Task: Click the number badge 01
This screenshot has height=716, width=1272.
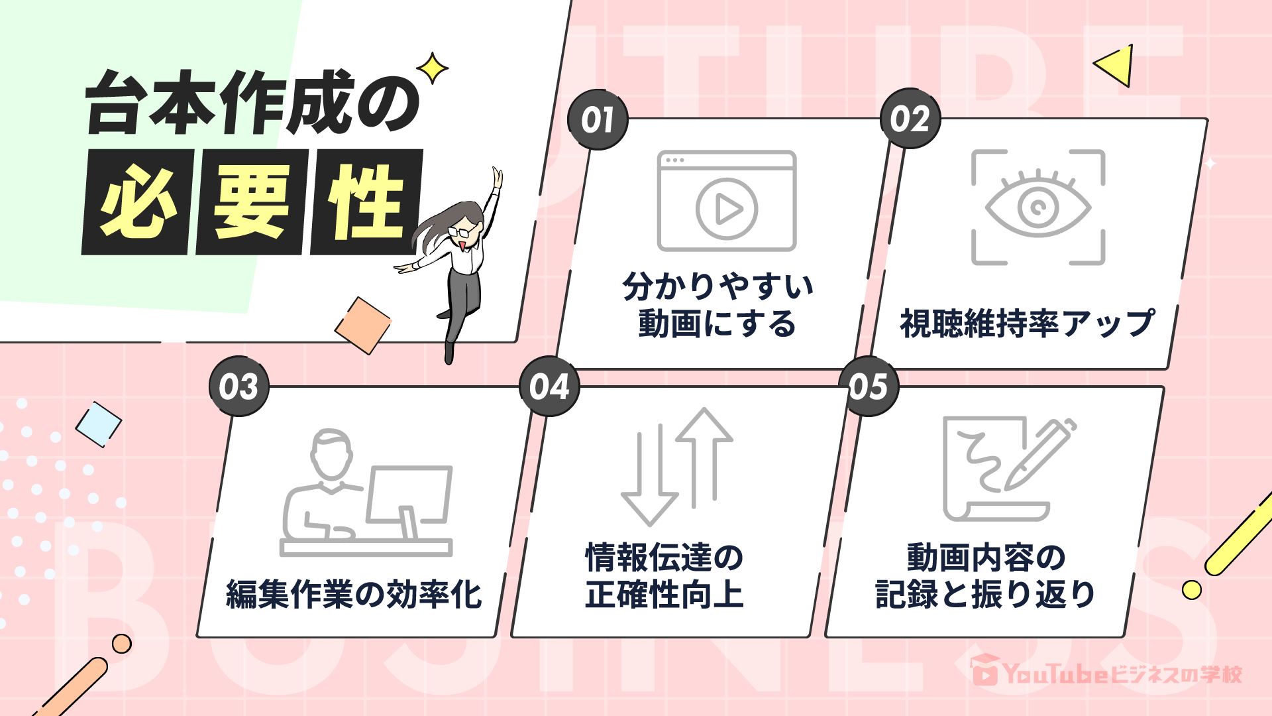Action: [598, 120]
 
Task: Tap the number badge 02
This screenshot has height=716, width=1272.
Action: [910, 119]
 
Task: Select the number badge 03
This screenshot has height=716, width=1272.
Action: [238, 387]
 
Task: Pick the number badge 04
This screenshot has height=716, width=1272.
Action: [549, 387]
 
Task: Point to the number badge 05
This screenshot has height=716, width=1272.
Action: [868, 387]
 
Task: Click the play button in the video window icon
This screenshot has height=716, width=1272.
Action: [727, 209]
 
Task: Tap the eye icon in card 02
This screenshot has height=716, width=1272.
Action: [1037, 206]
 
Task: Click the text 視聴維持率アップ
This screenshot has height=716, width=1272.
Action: [1026, 324]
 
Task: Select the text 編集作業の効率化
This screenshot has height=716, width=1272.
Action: [354, 593]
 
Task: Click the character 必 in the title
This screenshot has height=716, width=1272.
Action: [139, 202]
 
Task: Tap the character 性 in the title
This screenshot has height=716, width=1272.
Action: [366, 202]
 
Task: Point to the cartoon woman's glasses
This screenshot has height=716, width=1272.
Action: [461, 232]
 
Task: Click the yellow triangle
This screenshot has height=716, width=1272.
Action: [1116, 65]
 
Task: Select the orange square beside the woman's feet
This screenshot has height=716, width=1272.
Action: [363, 326]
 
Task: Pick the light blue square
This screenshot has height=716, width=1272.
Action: [99, 424]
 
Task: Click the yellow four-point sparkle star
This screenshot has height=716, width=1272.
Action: [433, 68]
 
